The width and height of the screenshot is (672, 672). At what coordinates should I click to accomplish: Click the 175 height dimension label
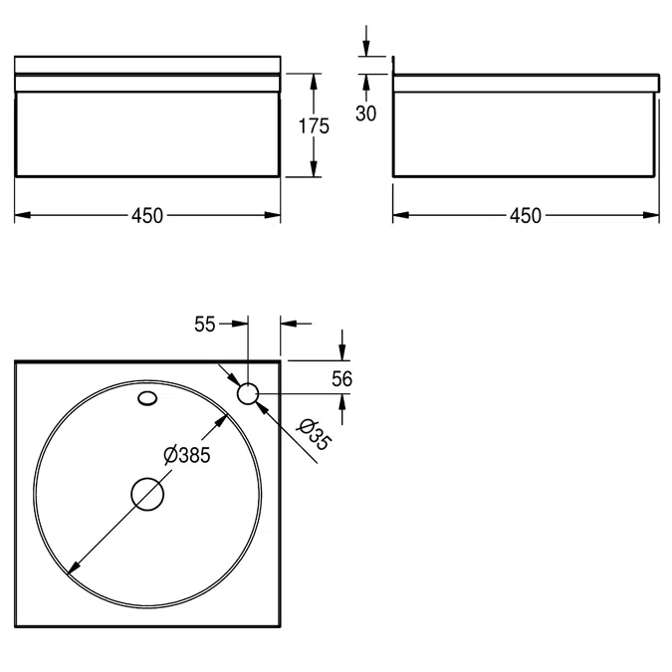pos(314,126)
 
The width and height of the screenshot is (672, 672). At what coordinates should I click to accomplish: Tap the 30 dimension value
pos(366,113)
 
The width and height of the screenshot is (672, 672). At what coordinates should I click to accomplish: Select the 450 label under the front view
pos(147,216)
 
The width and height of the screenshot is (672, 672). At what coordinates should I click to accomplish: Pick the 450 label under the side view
pos(526,216)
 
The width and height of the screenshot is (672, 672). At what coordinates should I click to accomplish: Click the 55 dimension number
pos(204,324)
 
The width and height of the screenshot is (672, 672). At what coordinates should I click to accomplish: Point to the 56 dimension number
pos(342,379)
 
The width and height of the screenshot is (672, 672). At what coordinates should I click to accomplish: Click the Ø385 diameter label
pos(187,455)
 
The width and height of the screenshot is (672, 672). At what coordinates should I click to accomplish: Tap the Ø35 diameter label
pos(315,435)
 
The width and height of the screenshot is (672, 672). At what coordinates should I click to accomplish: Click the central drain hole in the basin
pos(147,494)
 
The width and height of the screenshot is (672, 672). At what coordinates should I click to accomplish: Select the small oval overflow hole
pos(147,398)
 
